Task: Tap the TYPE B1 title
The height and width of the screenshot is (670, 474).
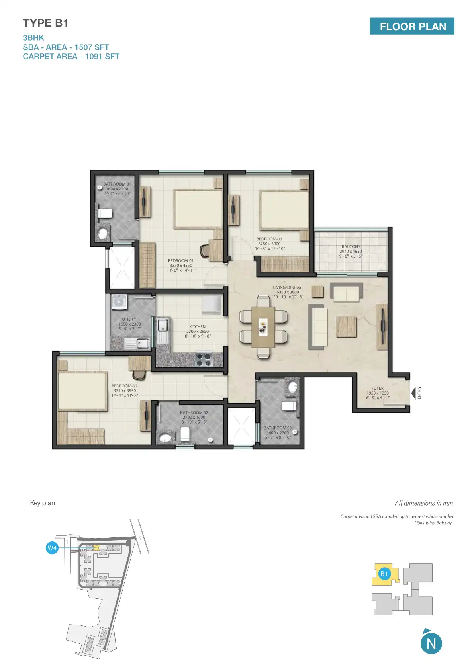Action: [45, 23]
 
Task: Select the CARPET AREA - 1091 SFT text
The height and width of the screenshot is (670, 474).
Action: [71, 57]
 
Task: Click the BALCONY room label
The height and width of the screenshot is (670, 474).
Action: [351, 246]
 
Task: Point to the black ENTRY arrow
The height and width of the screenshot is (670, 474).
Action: [413, 393]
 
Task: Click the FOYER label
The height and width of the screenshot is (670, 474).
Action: [377, 388]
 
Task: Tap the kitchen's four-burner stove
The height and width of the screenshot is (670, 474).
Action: [204, 359]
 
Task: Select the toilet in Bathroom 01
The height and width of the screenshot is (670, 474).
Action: [105, 213]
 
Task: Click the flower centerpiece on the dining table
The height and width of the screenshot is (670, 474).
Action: [262, 326]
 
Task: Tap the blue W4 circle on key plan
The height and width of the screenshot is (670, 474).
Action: [52, 548]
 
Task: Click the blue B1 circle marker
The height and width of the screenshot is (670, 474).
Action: [384, 574]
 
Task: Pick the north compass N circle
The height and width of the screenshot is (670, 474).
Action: [431, 643]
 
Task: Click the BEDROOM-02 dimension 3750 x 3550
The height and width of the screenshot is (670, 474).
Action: [125, 391]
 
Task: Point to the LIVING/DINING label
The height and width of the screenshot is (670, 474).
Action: [287, 287]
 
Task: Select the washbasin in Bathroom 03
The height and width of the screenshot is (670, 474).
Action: [293, 387]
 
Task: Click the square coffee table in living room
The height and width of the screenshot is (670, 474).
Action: [346, 327]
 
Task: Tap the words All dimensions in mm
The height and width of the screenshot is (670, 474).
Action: [423, 503]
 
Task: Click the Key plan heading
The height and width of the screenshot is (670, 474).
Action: [43, 503]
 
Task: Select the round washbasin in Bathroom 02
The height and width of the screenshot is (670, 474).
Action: [165, 438]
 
